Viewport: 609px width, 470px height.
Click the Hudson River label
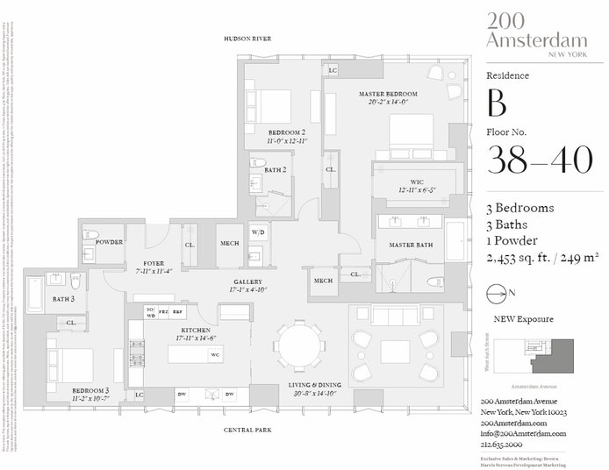[x=247, y=39]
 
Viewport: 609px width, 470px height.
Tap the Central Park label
[x=247, y=430]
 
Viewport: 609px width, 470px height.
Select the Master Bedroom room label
[x=388, y=94]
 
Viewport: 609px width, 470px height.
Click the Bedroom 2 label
[x=286, y=132]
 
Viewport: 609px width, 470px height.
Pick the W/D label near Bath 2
[x=258, y=232]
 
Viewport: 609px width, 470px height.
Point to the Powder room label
[x=109, y=242]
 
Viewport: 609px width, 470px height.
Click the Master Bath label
[x=411, y=245]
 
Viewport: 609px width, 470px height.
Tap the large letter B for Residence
[x=497, y=104]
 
